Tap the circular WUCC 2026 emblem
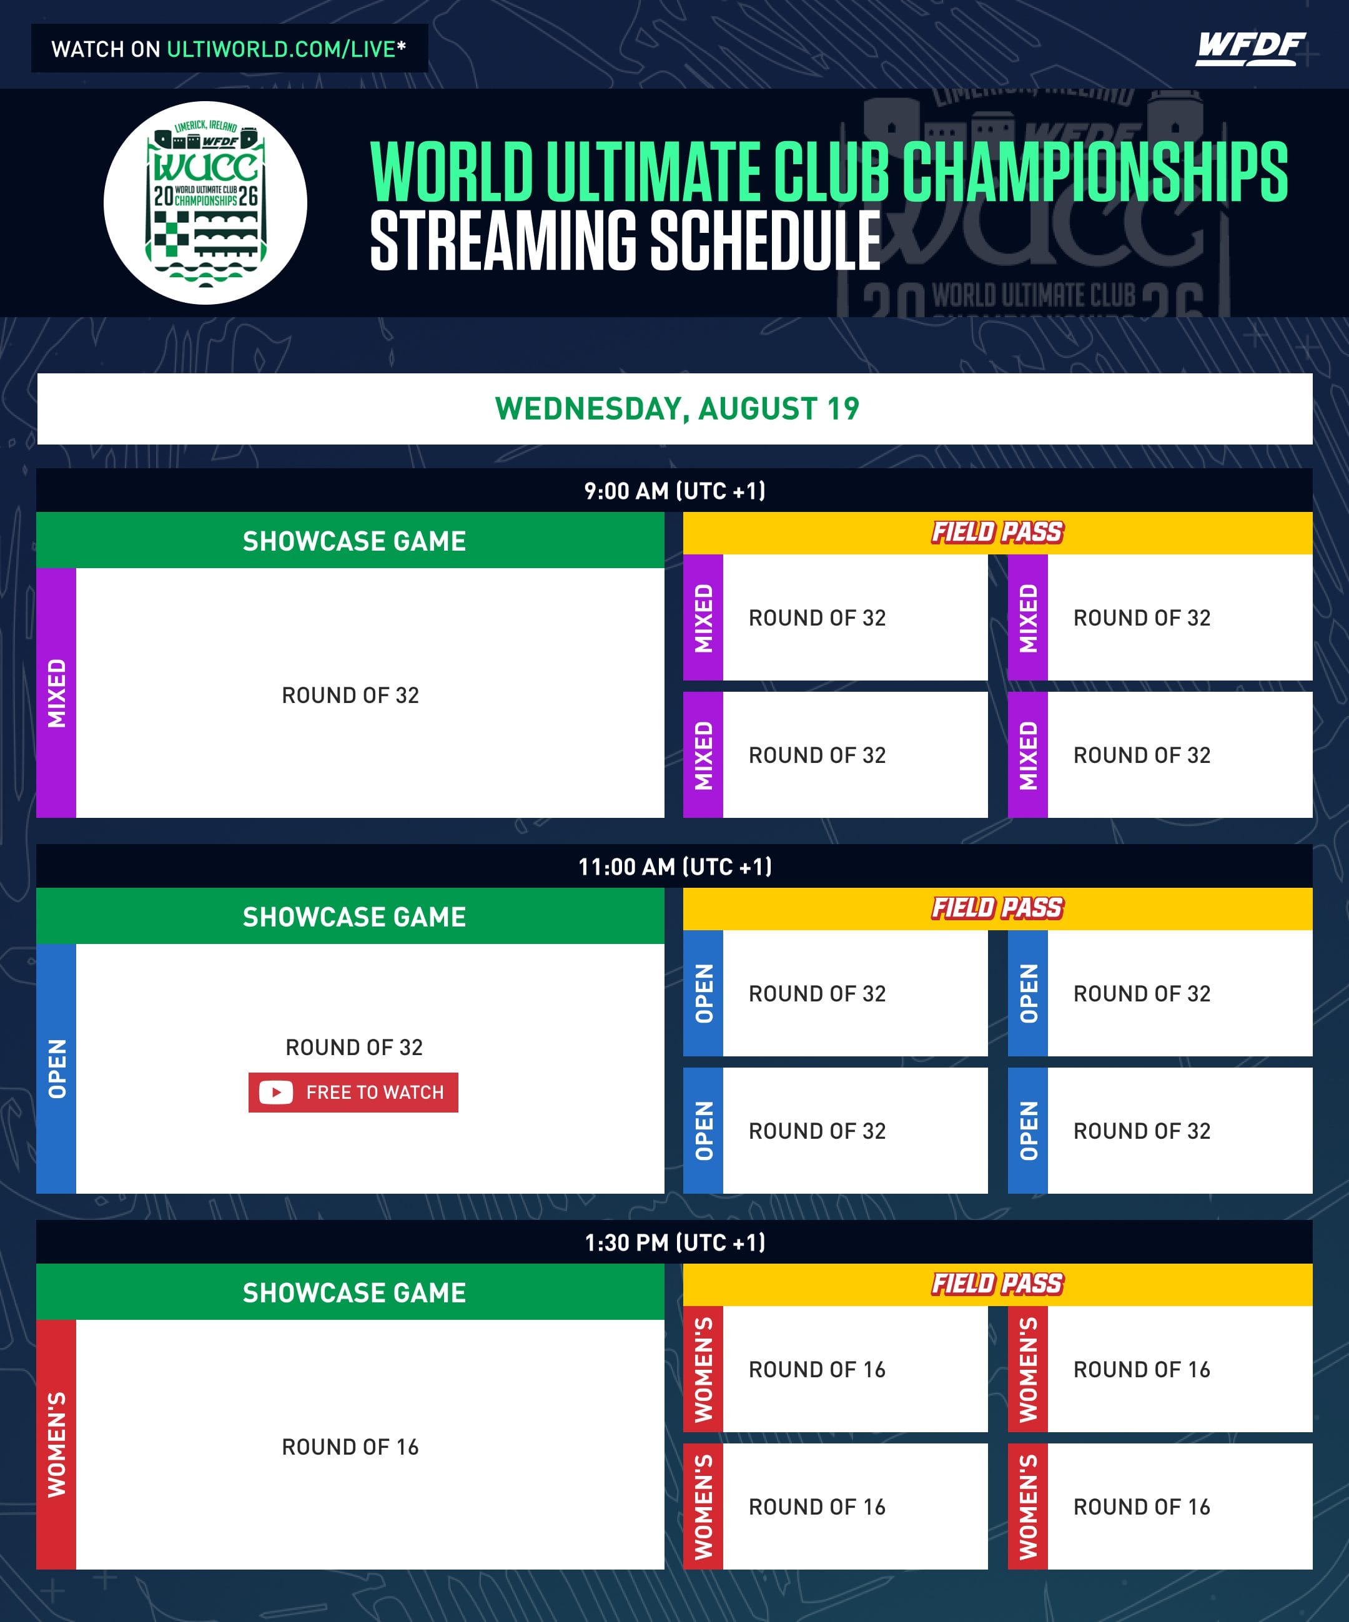click(205, 202)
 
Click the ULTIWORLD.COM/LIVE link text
click(281, 49)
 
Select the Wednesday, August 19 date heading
click(677, 408)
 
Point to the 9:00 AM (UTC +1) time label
click(674, 491)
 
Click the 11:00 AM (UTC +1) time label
click(674, 867)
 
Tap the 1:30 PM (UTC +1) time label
click(674, 1243)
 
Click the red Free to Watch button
click(353, 1092)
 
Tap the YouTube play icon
click(276, 1092)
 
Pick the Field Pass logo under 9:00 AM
click(997, 532)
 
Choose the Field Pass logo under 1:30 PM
click(997, 1284)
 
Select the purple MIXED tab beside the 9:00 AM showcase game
click(56, 693)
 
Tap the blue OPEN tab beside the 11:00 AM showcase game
click(56, 1068)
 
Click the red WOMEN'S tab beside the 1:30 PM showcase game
click(56, 1444)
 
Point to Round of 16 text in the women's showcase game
click(350, 1447)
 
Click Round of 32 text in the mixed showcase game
click(350, 695)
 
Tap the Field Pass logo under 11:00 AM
click(997, 908)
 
